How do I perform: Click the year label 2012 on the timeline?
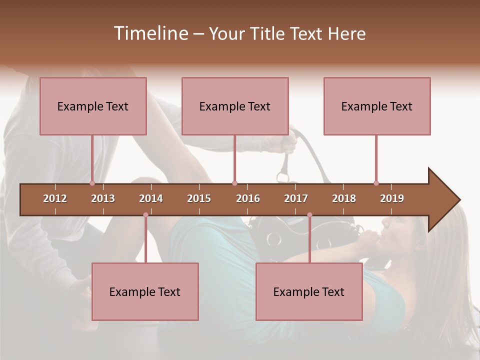tap(55, 198)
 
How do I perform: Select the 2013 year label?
tap(103, 198)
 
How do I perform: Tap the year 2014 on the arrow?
tap(151, 198)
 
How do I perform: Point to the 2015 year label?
tap(199, 198)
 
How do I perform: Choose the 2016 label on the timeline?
tap(248, 198)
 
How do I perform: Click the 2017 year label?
tap(296, 198)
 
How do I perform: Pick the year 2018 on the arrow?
tap(344, 198)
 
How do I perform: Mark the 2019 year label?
tap(392, 198)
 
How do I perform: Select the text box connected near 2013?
tap(93, 106)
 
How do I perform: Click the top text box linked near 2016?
tap(235, 106)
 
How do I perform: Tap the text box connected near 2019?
tap(377, 106)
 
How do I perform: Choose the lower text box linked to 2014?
tap(145, 291)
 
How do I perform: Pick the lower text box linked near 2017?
tap(309, 291)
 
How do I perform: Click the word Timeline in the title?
tap(150, 33)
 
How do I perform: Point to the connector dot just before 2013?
tap(92, 183)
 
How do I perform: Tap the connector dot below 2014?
tap(145, 215)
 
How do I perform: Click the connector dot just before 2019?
tap(376, 183)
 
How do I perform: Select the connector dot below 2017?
tap(309, 215)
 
